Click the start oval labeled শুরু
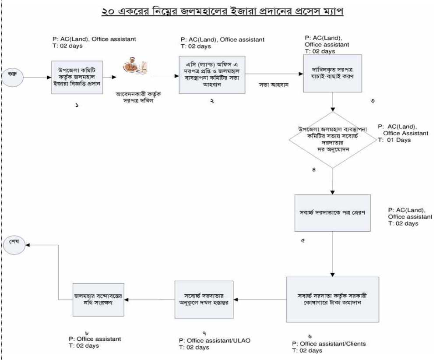(13, 77)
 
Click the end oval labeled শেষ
(14, 244)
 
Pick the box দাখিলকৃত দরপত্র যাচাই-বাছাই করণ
(333, 73)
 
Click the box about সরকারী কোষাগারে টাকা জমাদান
(332, 299)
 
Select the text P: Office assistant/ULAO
(214, 340)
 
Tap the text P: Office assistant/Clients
(329, 343)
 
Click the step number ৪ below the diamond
(314, 170)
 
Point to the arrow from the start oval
(37, 78)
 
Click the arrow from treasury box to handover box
(260, 300)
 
